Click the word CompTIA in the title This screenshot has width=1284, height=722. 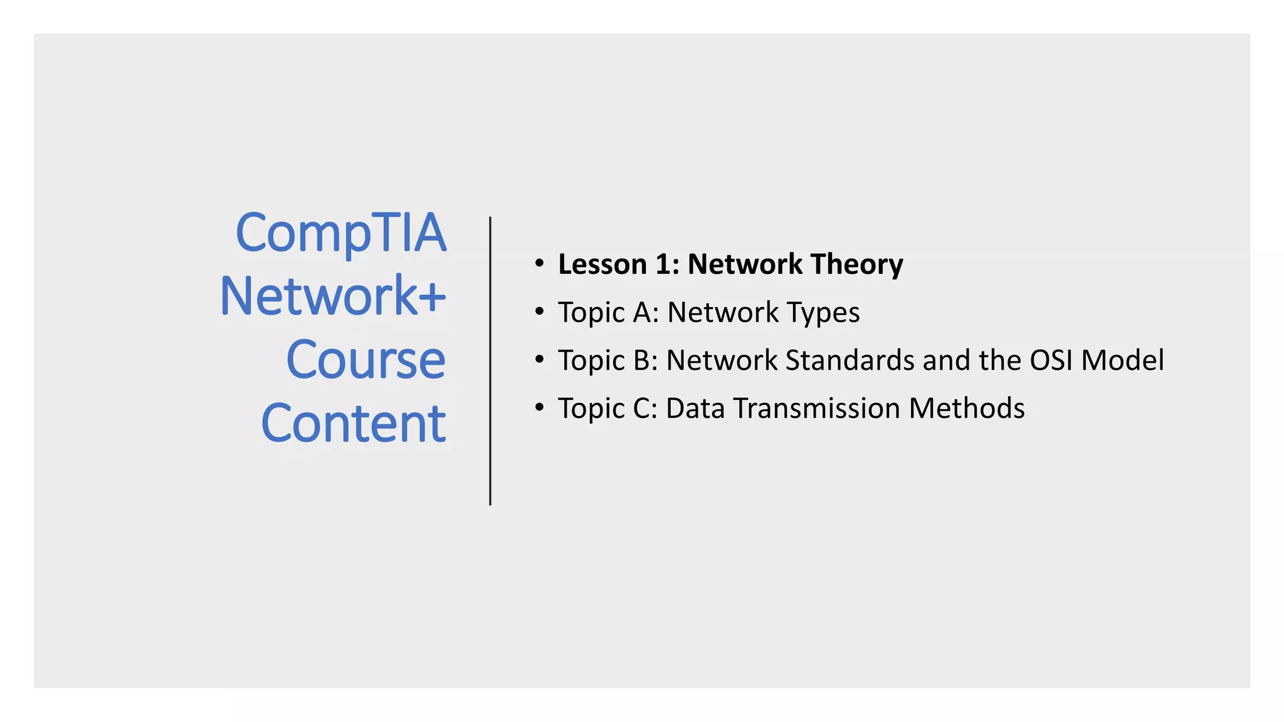coord(340,233)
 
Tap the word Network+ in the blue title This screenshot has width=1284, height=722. coord(333,296)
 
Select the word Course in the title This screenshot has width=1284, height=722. coord(366,360)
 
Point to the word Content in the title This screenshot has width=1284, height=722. coord(354,424)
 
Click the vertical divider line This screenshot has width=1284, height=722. coord(490,361)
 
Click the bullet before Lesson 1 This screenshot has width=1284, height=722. coord(539,263)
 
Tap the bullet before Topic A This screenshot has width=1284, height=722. coord(539,311)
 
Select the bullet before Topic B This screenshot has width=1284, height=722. coord(539,360)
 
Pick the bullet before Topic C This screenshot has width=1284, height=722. coord(539,407)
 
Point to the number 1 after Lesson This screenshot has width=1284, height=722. coord(663,264)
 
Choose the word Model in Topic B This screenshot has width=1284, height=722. coord(1122,360)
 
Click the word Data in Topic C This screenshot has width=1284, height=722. coord(695,409)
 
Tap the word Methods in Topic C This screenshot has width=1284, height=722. coord(967,409)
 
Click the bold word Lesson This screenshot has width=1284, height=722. coord(602,264)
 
